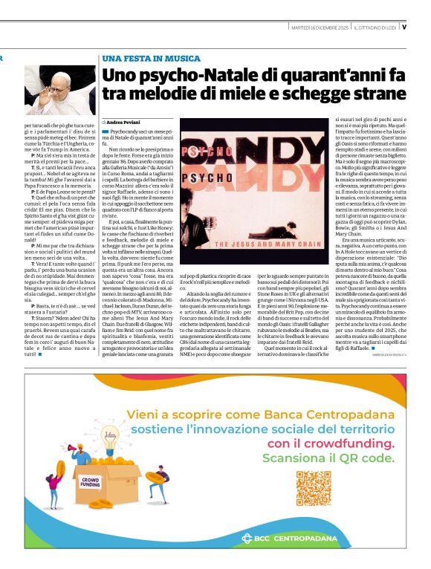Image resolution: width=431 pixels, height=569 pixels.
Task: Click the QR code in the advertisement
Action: click(313, 488)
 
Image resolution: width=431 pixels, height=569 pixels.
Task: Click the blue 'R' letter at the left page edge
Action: click(2, 57)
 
